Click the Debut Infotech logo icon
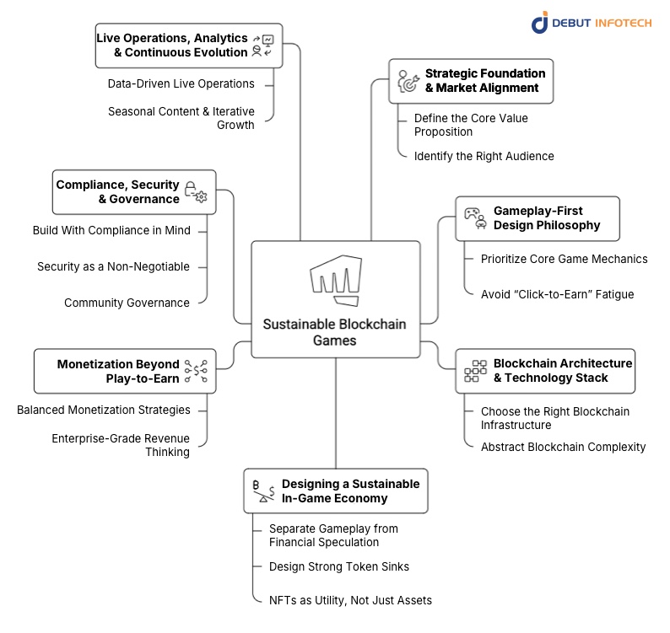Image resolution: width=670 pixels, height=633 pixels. click(540, 23)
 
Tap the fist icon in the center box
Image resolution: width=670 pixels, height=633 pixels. click(334, 282)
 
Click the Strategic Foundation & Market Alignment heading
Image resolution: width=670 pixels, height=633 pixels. click(484, 81)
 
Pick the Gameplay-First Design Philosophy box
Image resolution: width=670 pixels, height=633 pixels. click(538, 218)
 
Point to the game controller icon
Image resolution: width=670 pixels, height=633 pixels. click(475, 218)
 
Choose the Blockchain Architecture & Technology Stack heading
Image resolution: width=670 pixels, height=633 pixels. click(562, 371)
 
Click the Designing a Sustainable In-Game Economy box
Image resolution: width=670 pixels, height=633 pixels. click(335, 491)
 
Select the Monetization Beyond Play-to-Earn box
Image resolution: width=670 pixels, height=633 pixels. click(125, 372)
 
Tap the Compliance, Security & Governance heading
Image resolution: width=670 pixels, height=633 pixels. click(117, 192)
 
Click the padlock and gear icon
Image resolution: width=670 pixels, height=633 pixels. click(195, 192)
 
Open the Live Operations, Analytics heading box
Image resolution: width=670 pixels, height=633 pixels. click(188, 45)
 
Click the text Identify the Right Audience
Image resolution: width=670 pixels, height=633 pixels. click(484, 156)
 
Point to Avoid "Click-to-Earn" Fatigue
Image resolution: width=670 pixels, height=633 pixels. click(557, 294)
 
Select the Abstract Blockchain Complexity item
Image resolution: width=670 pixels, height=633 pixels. click(563, 447)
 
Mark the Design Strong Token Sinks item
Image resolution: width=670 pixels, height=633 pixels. click(339, 566)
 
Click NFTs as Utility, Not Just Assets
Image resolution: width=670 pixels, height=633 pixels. click(350, 600)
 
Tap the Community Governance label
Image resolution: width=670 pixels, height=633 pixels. click(127, 303)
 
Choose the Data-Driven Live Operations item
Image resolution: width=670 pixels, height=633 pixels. click(181, 83)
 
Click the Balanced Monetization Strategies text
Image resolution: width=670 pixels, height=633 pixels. click(103, 410)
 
